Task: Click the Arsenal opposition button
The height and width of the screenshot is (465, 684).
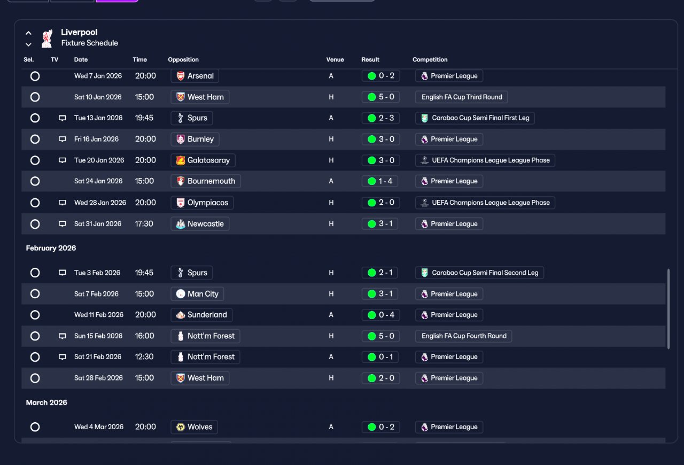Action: click(195, 76)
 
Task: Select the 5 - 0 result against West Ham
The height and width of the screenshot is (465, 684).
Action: click(381, 97)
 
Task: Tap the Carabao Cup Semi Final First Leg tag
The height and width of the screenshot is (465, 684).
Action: click(475, 118)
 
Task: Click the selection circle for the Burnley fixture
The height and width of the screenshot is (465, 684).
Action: click(35, 139)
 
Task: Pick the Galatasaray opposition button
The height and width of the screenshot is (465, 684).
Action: click(203, 160)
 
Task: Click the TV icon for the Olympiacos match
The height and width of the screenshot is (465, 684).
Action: click(63, 203)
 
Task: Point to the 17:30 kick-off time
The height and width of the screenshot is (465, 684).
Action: click(144, 223)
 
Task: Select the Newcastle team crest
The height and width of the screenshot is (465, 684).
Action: click(181, 224)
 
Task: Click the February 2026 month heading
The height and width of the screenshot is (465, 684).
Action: click(51, 248)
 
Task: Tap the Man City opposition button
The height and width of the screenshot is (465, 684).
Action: click(197, 294)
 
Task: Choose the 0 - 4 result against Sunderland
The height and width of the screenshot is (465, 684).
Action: click(381, 315)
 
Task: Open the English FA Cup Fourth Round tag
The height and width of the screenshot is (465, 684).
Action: click(463, 336)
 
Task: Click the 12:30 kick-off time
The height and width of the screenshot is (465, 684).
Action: click(144, 356)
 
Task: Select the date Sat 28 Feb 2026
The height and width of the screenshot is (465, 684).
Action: click(98, 378)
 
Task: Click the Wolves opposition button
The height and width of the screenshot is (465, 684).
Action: click(194, 427)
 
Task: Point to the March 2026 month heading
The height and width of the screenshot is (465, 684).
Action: click(46, 402)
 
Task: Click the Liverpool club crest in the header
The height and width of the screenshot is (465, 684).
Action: click(47, 38)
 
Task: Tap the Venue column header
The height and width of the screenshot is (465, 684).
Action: click(335, 59)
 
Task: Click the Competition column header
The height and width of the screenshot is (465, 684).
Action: click(430, 59)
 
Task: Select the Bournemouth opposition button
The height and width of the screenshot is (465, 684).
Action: click(206, 181)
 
